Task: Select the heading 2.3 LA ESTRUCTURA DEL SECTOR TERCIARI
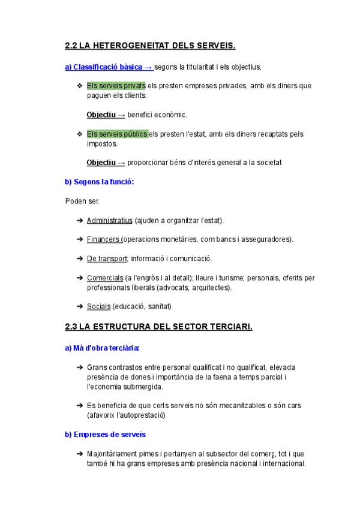tap(159, 327)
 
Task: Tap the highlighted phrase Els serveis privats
tap(116, 86)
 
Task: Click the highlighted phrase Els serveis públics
tap(117, 134)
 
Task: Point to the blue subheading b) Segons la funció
tap(100, 181)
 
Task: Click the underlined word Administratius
tap(109, 221)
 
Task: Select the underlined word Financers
tap(103, 239)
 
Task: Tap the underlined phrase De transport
tap(107, 259)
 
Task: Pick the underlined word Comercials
tap(105, 278)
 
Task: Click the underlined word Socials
tap(98, 307)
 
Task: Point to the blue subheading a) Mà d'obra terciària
tap(103, 348)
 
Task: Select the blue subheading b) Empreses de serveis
tap(105, 434)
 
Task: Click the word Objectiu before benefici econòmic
tap(101, 115)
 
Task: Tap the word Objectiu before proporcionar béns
tap(101, 163)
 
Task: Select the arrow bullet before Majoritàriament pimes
tap(80, 454)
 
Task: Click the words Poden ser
tap(82, 201)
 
